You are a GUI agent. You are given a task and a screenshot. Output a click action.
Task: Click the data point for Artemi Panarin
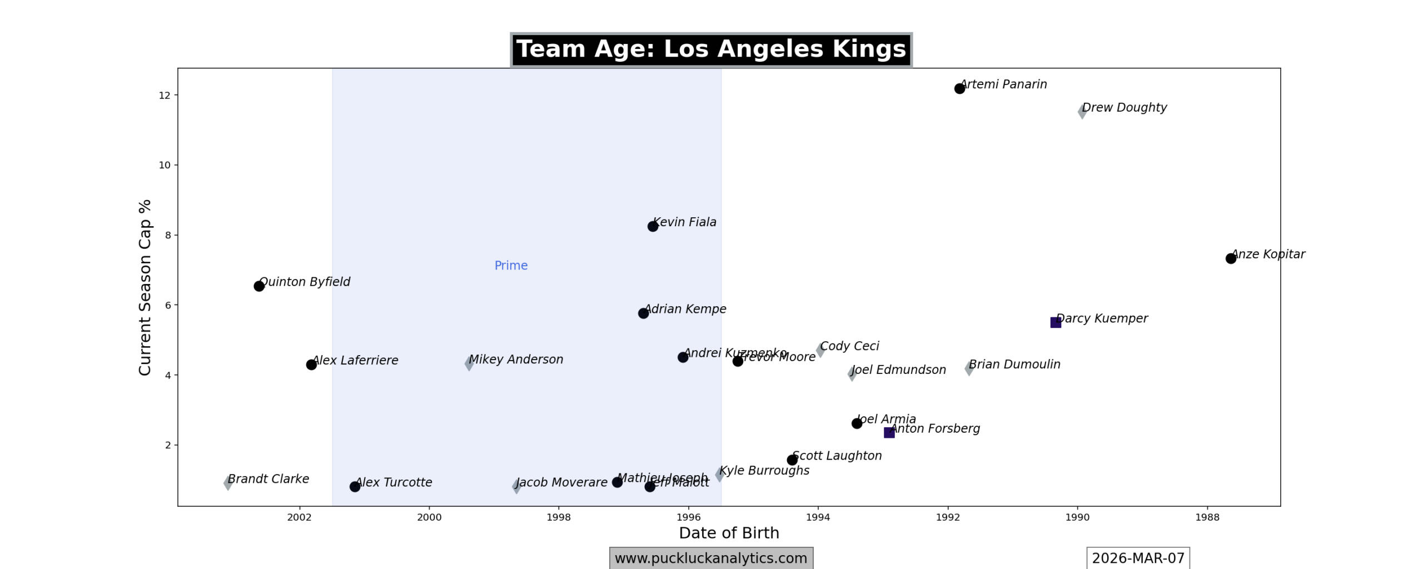[x=959, y=89]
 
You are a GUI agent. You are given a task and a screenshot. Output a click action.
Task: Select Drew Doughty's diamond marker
[x=1082, y=112]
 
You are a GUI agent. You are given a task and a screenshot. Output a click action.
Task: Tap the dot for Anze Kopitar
[x=1231, y=258]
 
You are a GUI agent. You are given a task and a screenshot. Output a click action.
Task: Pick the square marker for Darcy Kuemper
[x=1056, y=323]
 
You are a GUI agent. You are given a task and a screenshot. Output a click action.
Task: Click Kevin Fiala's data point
[x=653, y=226]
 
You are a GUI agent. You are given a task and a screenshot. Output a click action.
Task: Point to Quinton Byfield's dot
[x=259, y=286]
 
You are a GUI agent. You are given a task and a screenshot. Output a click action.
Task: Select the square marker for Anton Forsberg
[x=889, y=433]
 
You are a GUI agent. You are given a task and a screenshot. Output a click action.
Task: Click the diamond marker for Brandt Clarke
[x=228, y=483]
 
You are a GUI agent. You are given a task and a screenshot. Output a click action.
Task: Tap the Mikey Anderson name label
[x=516, y=360]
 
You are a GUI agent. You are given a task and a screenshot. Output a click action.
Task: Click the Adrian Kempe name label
[x=685, y=309]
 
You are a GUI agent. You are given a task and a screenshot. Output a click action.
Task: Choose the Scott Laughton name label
[x=837, y=456]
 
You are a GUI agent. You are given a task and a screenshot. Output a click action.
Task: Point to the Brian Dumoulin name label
[x=1014, y=365]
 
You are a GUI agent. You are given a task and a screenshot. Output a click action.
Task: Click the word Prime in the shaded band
[x=511, y=266]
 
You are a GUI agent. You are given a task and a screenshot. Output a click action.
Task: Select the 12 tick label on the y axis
[x=164, y=96]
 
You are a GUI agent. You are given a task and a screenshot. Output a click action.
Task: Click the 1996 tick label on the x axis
[x=688, y=517]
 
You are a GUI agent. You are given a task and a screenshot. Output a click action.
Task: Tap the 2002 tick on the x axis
[x=300, y=517]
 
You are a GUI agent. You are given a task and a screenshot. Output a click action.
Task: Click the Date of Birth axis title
[x=729, y=533]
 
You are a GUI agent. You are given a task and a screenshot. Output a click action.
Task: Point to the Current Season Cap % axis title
[x=145, y=287]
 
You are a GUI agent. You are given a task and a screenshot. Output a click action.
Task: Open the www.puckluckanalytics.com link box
[x=711, y=558]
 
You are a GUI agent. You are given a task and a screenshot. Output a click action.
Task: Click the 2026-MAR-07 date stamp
[x=1138, y=558]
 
